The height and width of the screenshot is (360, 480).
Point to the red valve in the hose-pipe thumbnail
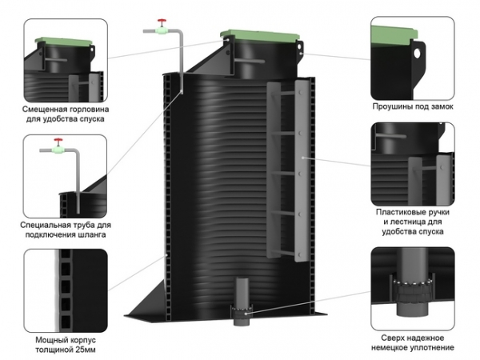tap(57, 146)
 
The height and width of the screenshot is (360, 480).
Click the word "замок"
tap(444, 106)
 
